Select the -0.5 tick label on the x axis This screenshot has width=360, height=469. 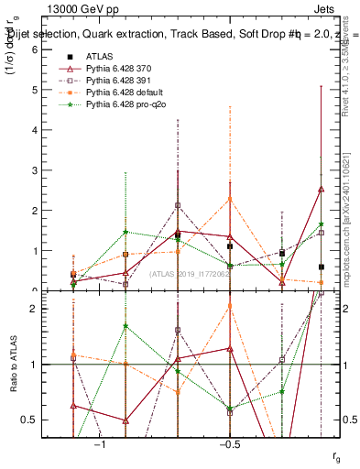[x=229, y=444]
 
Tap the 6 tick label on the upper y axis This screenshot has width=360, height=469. [x=35, y=49]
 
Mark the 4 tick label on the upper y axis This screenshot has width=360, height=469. [x=35, y=130]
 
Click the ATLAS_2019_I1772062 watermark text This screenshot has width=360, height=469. [x=191, y=275]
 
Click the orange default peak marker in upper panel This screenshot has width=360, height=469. [x=230, y=199]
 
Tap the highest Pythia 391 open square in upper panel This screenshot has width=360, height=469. [x=178, y=205]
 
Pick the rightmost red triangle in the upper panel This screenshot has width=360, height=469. [x=321, y=189]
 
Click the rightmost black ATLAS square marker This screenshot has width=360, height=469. [x=321, y=267]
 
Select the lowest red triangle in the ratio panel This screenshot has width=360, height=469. [x=125, y=420]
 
